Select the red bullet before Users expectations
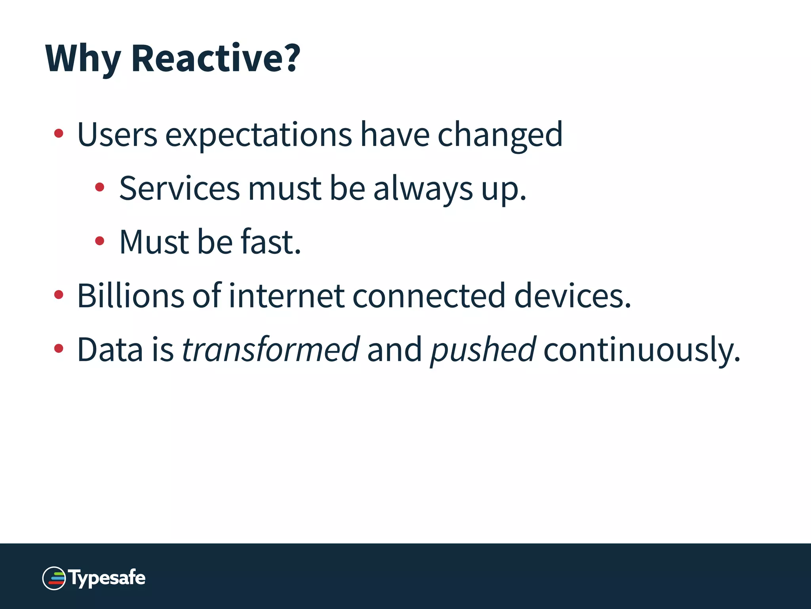[59, 133]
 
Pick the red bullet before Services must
[100, 187]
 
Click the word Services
[179, 189]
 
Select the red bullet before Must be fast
[100, 241]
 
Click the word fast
[270, 242]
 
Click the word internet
[286, 296]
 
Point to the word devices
[572, 296]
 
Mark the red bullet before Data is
[59, 349]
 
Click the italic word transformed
[270, 350]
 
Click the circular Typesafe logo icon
[54, 578]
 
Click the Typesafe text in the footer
[107, 578]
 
